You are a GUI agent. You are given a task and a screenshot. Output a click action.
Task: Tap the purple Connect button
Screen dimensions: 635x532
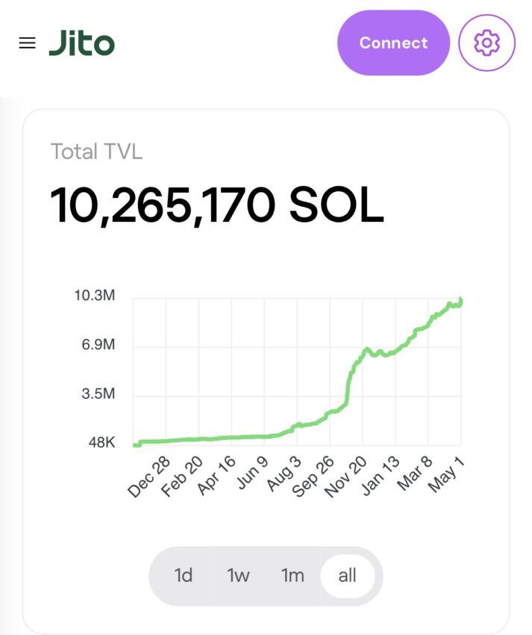[393, 43]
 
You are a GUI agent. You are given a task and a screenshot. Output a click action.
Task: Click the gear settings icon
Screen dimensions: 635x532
[486, 43]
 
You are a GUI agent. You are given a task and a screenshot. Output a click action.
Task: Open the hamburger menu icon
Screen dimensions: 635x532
[27, 43]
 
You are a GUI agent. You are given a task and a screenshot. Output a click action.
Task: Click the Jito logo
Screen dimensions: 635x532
[82, 43]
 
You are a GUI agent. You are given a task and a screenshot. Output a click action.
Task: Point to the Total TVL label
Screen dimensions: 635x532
[96, 152]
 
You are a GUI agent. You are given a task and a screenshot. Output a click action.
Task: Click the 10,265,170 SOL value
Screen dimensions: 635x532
[217, 205]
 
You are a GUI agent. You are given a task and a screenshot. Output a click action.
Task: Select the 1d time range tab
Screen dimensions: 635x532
[184, 575]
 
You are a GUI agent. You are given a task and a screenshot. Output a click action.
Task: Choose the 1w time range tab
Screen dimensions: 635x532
[238, 575]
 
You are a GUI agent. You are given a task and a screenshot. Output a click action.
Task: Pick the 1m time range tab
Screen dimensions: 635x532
[292, 575]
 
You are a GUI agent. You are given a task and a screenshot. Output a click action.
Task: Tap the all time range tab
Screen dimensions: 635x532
[347, 575]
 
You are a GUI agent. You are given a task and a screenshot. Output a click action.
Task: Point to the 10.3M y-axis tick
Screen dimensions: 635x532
[95, 296]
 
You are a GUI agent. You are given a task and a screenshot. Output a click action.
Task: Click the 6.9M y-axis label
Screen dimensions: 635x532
[98, 345]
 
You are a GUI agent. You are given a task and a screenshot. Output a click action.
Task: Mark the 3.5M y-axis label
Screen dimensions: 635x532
[98, 394]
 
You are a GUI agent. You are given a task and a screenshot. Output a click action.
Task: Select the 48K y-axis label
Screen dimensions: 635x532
[101, 442]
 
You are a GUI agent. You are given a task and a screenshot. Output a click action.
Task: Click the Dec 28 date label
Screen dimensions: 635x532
[149, 477]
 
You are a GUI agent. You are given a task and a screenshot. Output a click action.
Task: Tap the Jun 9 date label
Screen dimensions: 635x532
[252, 474]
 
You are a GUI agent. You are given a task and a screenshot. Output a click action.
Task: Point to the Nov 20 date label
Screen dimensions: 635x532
[345, 477]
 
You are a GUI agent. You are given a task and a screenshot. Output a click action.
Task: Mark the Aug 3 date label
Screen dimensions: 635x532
[284, 474]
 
